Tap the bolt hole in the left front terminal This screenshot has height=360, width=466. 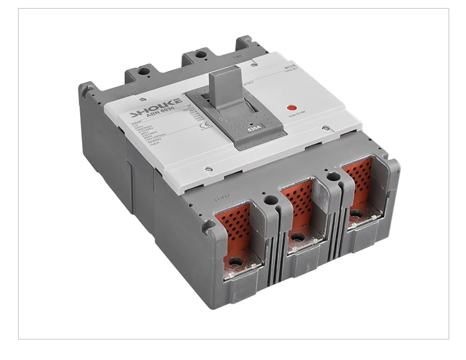pyautogui.click(x=236, y=262)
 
